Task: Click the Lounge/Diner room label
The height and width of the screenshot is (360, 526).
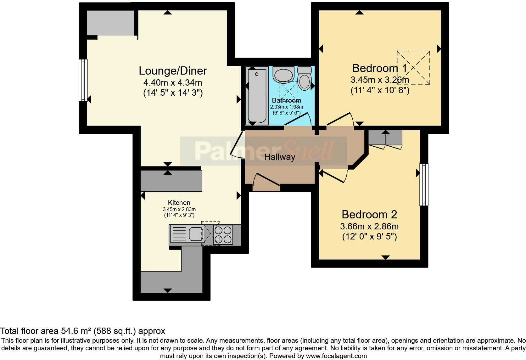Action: point(173,71)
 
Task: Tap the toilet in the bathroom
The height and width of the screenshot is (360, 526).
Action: point(304,79)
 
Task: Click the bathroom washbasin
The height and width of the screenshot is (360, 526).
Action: point(283,75)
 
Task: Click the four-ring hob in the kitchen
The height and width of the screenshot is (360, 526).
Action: point(223,235)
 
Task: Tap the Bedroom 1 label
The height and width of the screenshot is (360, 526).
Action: point(379,68)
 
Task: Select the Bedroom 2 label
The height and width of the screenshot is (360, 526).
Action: point(369,215)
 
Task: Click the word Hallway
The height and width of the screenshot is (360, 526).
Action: point(279,157)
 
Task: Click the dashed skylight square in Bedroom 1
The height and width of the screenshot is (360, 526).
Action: point(413,67)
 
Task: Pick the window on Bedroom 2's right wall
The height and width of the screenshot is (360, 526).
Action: point(424,184)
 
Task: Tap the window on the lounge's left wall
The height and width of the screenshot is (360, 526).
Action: point(83,80)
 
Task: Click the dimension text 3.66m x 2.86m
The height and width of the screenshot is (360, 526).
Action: point(369,226)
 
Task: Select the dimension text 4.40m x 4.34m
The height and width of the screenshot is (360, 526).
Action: point(173,83)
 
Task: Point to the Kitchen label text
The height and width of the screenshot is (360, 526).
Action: point(179,203)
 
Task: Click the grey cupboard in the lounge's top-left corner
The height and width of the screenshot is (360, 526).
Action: point(110,23)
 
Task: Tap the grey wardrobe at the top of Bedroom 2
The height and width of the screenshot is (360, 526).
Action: point(385,137)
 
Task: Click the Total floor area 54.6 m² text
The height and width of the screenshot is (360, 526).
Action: point(82,331)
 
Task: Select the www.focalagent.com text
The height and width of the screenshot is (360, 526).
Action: point(337,356)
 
